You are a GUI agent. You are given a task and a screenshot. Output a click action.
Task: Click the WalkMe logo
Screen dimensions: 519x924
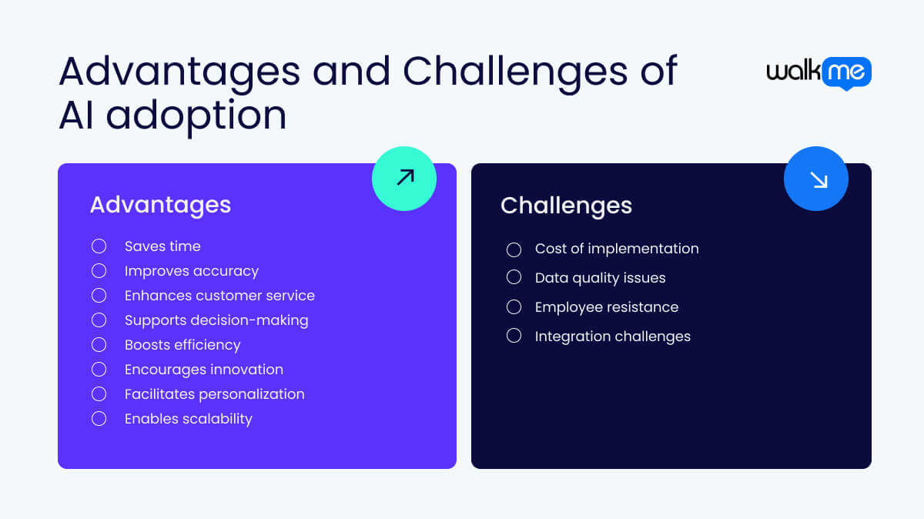click(819, 73)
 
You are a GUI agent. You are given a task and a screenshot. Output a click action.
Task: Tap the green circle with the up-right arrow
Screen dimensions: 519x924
click(404, 178)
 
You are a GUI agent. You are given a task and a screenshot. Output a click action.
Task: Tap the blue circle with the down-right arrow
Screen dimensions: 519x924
click(816, 179)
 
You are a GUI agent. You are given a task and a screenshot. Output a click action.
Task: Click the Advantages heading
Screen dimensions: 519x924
click(160, 204)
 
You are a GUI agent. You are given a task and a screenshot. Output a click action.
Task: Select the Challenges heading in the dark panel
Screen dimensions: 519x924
click(566, 206)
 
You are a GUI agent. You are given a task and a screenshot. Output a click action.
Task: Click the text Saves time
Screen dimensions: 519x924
click(162, 246)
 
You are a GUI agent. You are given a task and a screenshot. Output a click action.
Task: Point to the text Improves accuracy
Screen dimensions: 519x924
click(192, 271)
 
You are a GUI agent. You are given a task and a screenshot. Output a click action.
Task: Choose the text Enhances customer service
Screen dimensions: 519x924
click(219, 296)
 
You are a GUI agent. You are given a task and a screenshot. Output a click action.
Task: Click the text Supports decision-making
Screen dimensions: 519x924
click(216, 320)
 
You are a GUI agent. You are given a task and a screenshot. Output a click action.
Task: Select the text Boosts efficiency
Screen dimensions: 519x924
click(182, 345)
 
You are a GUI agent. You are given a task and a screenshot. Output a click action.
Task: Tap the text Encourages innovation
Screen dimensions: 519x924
click(204, 370)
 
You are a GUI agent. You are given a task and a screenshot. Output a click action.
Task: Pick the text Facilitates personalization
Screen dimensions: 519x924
click(215, 394)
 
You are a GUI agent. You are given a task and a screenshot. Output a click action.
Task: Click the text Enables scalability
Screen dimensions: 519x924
click(189, 419)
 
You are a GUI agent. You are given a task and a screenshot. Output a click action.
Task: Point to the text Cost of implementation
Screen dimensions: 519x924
click(617, 249)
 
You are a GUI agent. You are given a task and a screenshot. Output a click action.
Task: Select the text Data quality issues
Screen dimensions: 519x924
click(600, 278)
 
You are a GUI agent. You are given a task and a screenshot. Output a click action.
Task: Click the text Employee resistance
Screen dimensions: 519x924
click(607, 307)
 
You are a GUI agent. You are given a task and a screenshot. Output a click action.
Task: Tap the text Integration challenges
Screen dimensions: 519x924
click(613, 337)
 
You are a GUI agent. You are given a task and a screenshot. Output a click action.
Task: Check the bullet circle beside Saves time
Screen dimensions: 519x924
click(99, 246)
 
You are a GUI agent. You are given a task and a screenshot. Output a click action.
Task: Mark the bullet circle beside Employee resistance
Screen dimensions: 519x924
click(514, 307)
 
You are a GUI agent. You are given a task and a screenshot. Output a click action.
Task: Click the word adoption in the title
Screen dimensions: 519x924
click(196, 116)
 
